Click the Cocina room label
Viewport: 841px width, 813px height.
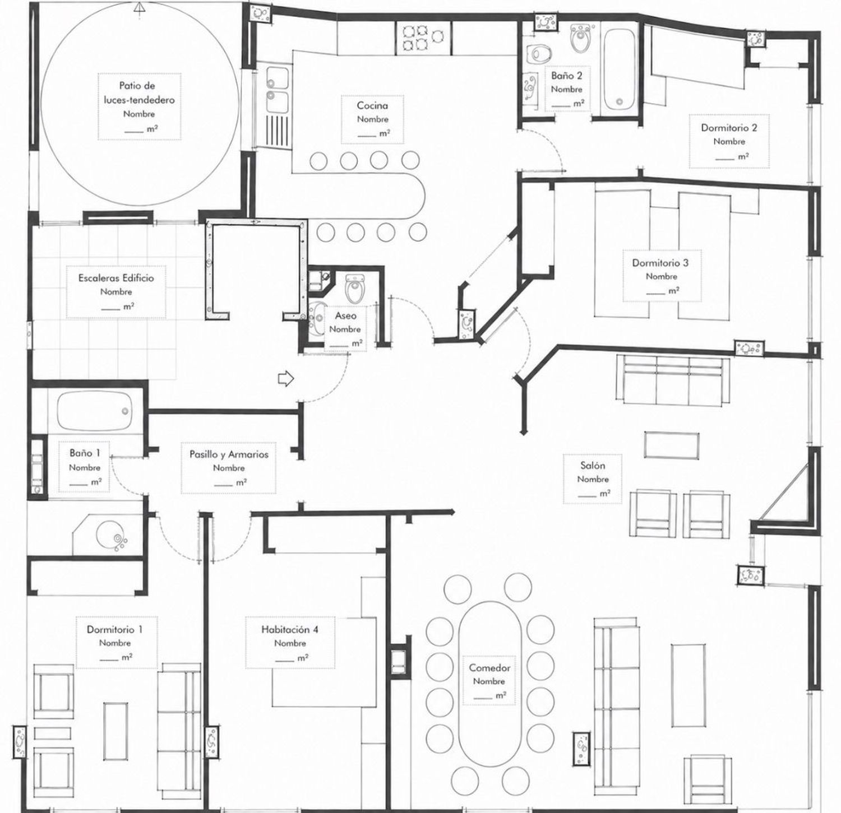pos(372,105)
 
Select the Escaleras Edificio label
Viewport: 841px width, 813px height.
pos(116,278)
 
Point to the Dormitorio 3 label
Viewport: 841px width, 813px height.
pos(660,263)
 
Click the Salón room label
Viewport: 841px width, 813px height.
pos(593,466)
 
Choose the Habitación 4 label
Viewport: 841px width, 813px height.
pos(290,629)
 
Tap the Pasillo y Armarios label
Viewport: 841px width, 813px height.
pos(229,454)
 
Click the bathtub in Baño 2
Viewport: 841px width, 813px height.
pos(619,69)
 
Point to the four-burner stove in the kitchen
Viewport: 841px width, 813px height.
pos(414,38)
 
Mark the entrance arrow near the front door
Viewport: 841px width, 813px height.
pos(286,379)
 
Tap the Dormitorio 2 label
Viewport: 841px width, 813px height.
pos(729,128)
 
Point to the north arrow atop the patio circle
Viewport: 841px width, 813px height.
pos(140,7)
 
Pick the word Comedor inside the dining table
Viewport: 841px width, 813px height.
pos(489,668)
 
